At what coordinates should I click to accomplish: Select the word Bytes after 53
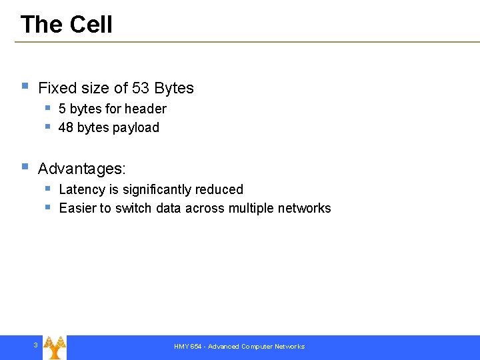coord(174,88)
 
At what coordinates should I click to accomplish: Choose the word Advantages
coord(82,169)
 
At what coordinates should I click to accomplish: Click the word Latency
coord(81,189)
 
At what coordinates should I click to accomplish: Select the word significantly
coord(157,189)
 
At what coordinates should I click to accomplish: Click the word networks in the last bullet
coord(305,208)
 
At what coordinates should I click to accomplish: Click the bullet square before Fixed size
coord(25,86)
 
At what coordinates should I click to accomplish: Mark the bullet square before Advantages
coord(25,167)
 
